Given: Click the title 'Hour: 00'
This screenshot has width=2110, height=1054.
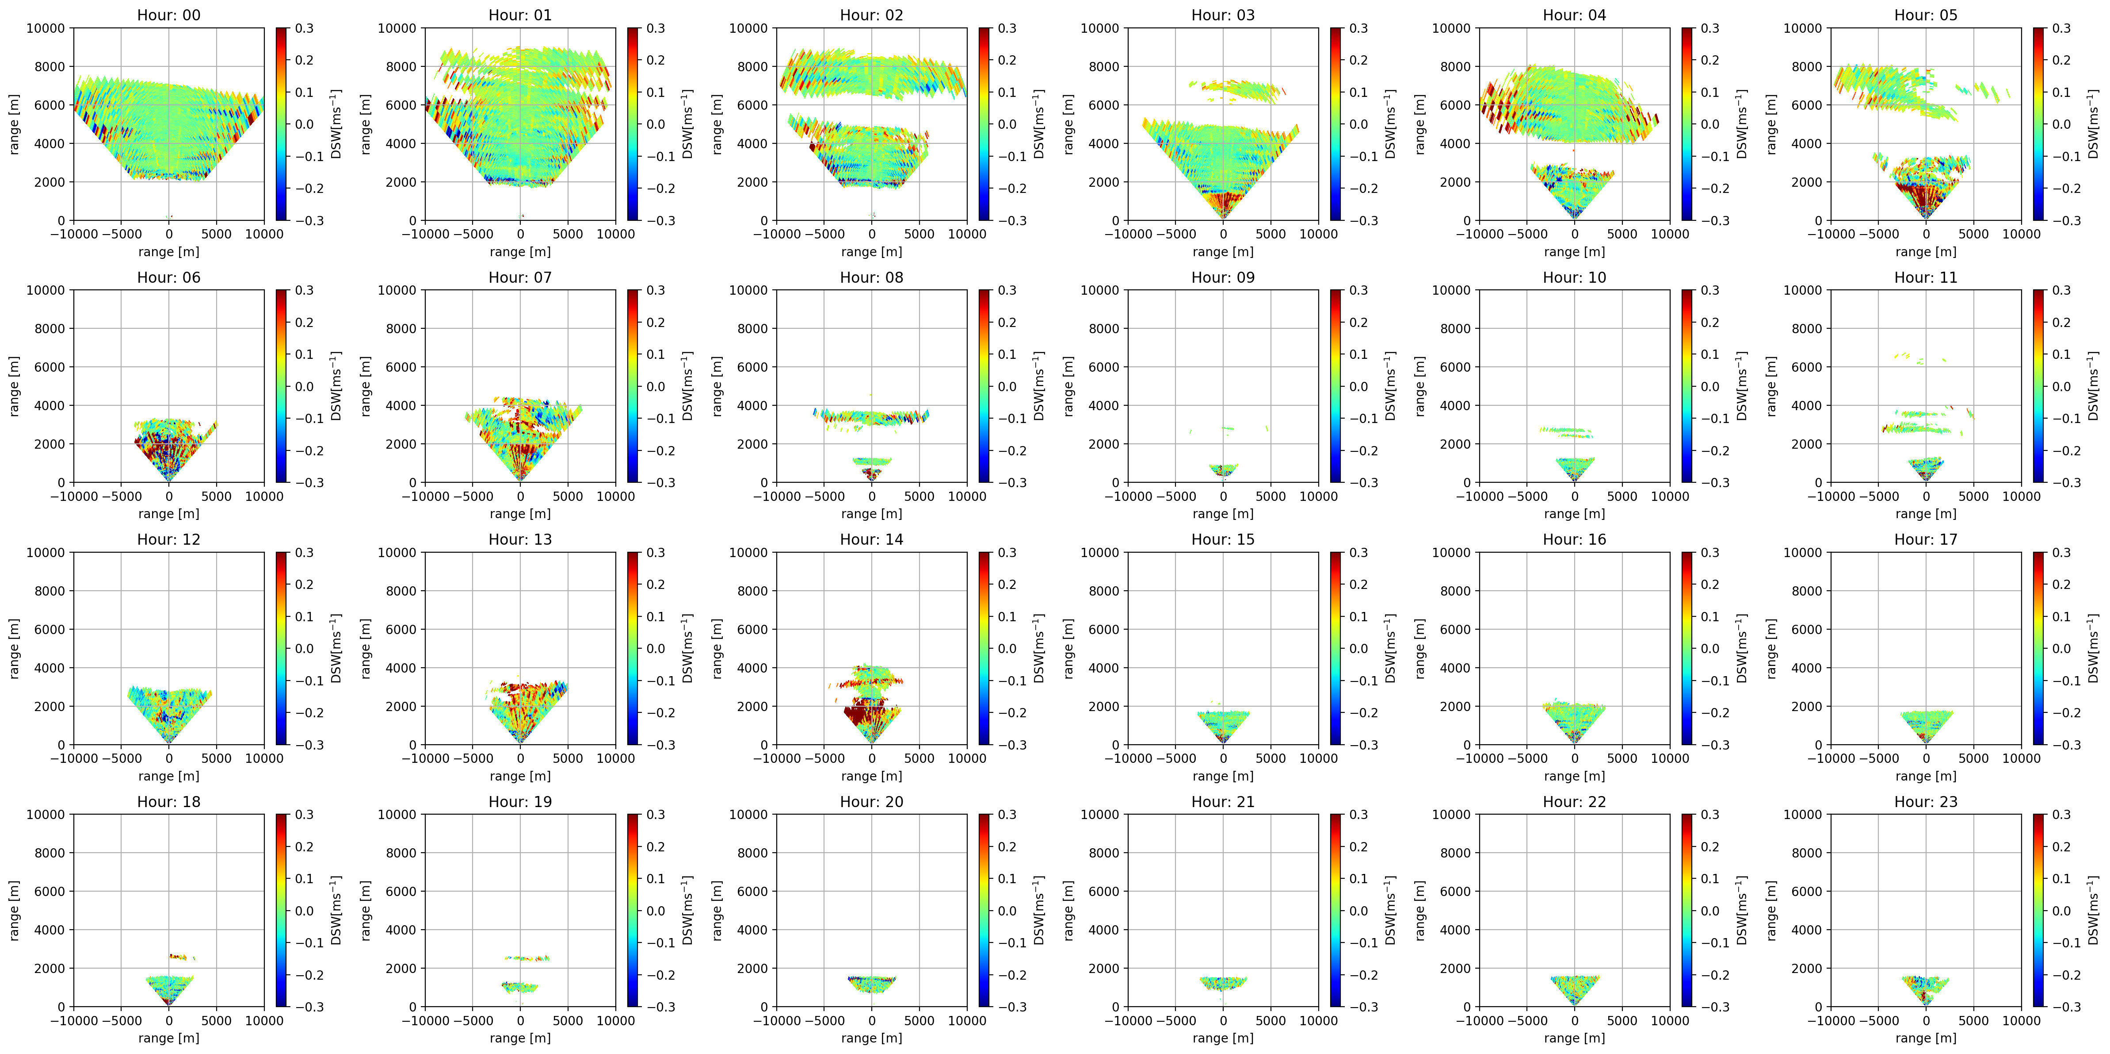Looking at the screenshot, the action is coord(169,15).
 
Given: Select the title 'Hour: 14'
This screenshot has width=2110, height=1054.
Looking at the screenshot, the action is coord(871,539).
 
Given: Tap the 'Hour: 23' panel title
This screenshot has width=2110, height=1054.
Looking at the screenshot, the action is coord(1926,802).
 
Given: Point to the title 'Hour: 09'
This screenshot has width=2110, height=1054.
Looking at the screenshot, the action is coord(1223,277).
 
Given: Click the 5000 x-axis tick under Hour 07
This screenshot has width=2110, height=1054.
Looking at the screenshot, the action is coord(568,496).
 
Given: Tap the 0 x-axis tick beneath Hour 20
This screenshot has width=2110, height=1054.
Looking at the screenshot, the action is coord(871,1020).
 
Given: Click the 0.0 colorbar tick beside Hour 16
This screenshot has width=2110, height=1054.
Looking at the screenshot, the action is coord(1710,648).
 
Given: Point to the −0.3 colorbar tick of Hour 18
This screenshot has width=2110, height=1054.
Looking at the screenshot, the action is coord(309,1007).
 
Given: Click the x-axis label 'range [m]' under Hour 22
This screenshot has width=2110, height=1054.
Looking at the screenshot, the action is coord(1574,1038).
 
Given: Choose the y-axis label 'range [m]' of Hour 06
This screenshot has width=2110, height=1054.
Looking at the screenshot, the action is coord(14,386).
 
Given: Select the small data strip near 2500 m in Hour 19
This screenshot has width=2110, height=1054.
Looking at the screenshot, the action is coord(527,958).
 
